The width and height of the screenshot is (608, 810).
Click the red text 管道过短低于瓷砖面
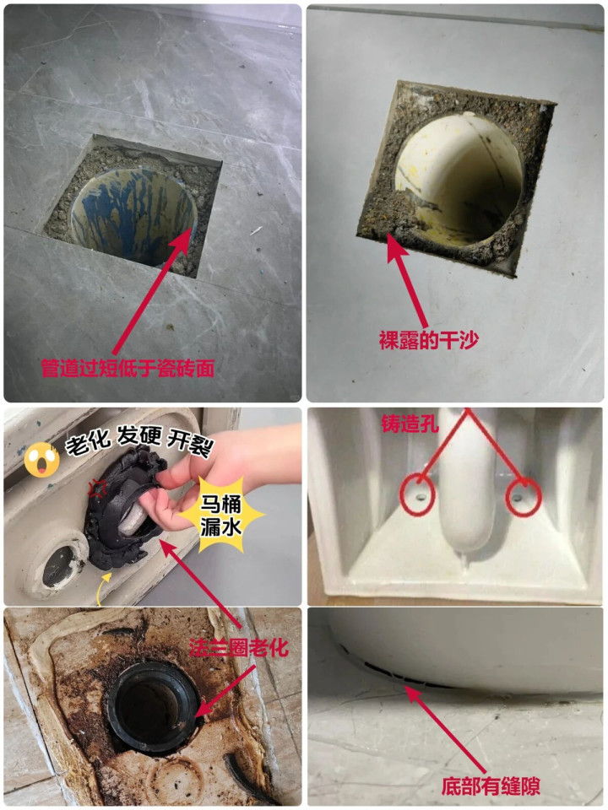coord(128,369)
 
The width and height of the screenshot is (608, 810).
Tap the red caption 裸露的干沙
coord(429,340)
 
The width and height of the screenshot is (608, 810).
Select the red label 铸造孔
coord(410,424)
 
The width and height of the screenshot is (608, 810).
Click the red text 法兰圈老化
coord(238,648)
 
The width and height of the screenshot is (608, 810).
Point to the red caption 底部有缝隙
coord(491,786)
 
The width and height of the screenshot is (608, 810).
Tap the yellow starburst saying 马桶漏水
coord(221,515)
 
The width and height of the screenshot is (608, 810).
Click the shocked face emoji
coord(41,459)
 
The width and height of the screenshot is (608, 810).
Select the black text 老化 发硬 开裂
coord(139,441)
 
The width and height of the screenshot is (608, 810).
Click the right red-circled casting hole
coord(524,498)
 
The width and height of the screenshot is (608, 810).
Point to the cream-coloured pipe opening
coord(459,178)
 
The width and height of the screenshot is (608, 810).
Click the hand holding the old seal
coord(217,480)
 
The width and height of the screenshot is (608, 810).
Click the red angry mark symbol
coord(96,488)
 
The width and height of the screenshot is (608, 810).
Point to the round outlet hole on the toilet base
coord(58,564)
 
